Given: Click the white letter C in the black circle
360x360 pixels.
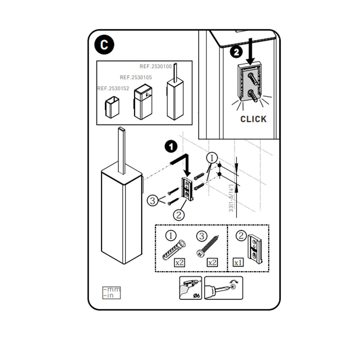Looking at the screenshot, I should click(104, 45).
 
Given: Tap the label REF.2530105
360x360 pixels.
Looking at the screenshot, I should click(136, 77).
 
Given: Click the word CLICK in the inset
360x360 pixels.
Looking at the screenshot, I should click(253, 119).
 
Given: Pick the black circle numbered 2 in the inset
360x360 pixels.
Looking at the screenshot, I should click(236, 52).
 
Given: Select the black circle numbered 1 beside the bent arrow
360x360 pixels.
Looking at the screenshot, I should click(171, 146).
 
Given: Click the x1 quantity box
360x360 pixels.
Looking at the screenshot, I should click(238, 262).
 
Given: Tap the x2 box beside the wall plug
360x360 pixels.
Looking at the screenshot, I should click(179, 262).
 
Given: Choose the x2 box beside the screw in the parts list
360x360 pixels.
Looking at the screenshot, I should click(212, 262).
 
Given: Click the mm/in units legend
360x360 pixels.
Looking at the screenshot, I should click(112, 292).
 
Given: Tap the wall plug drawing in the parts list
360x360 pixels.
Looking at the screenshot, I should click(174, 250).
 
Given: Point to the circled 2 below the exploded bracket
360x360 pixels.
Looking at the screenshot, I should click(179, 215).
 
